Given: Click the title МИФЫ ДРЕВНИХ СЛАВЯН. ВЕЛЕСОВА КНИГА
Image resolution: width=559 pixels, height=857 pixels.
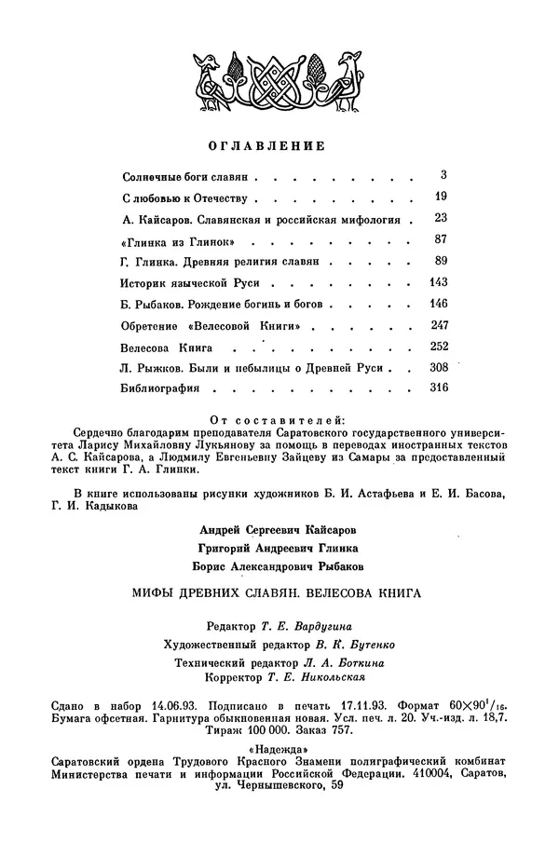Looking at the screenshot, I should pyautogui.click(x=279, y=592).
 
